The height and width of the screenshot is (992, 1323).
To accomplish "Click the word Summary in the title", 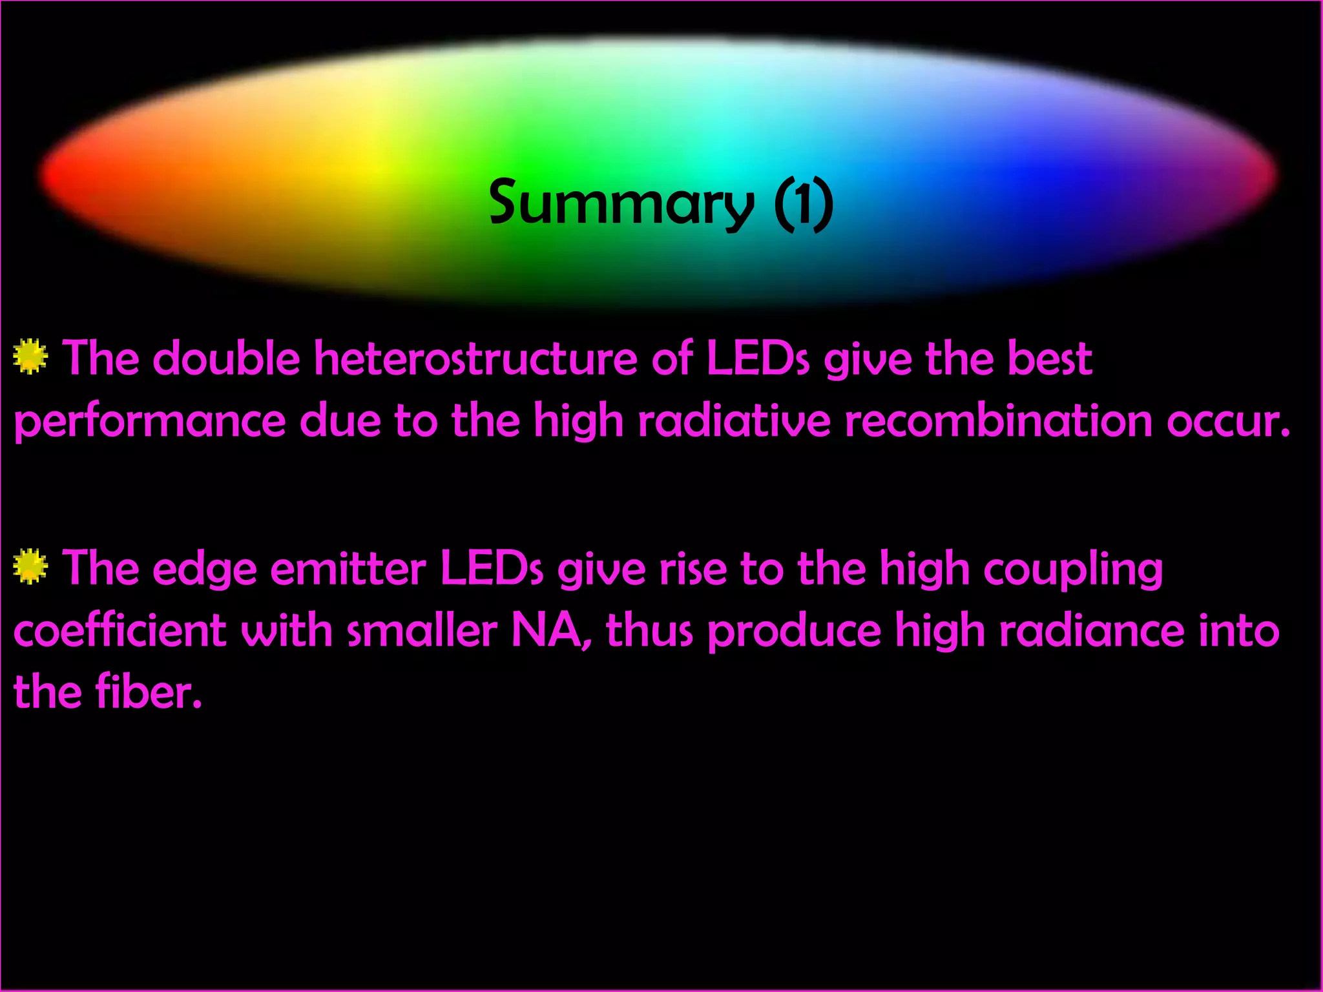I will click(621, 204).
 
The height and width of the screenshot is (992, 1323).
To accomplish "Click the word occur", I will click(1227, 422).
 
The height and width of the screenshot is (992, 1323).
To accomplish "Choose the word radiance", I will click(1092, 630).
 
